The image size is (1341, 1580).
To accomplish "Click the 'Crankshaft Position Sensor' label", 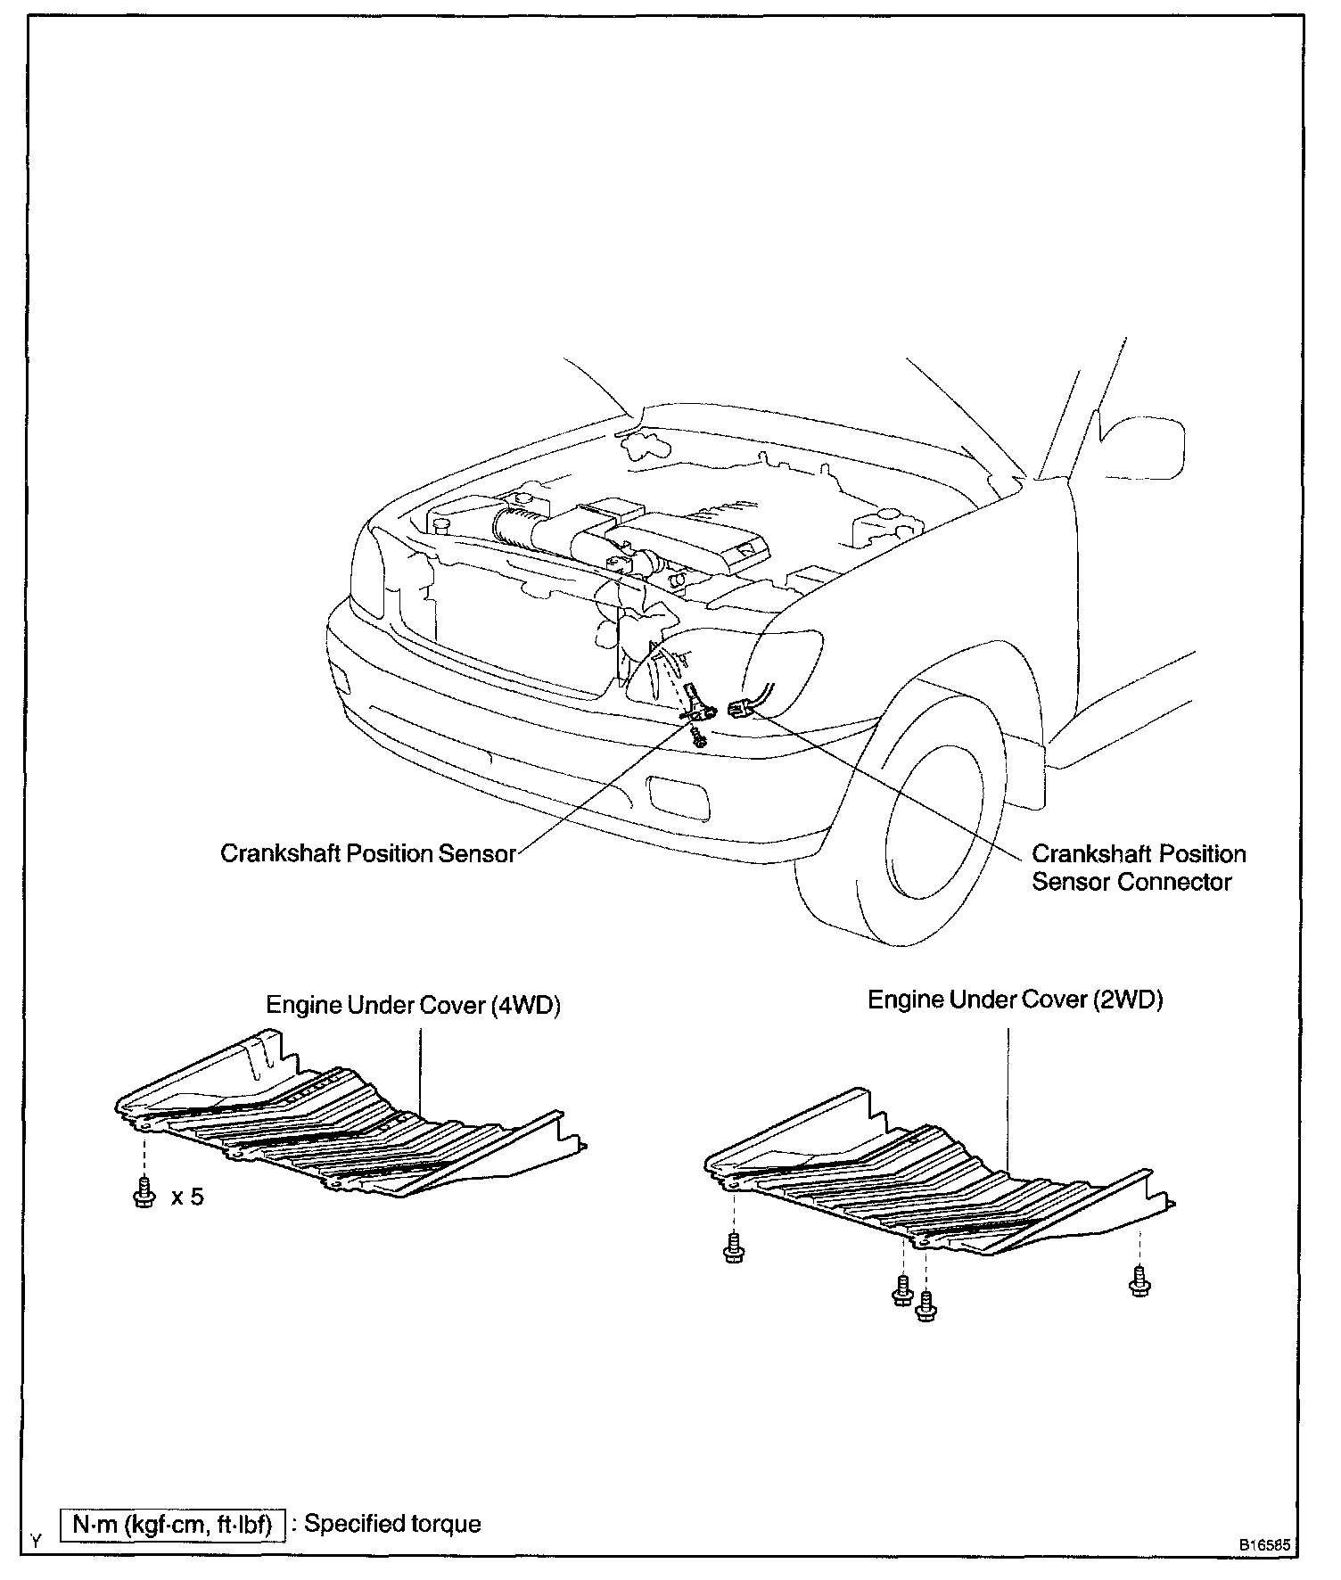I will tap(367, 853).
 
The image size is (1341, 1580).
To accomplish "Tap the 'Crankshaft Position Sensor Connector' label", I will tap(1138, 868).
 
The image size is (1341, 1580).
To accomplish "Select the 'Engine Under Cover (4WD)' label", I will tap(413, 1005).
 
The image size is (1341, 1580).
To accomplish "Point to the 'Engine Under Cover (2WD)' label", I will tap(1016, 1000).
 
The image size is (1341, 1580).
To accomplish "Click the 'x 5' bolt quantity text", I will tap(187, 1197).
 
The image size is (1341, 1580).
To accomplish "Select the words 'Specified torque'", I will tap(392, 1524).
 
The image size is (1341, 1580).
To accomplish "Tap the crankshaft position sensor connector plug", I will tap(739, 709).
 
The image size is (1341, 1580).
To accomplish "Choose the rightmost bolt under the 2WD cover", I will tap(1139, 1280).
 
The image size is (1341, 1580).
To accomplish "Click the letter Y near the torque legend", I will tap(36, 1540).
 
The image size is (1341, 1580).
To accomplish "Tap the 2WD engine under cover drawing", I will tap(936, 1177).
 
